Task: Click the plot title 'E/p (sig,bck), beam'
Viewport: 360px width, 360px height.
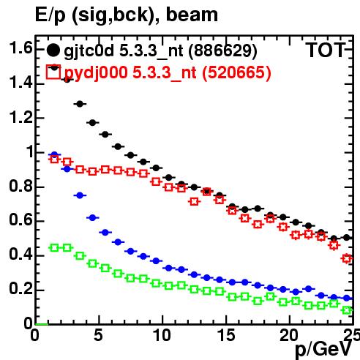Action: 127,15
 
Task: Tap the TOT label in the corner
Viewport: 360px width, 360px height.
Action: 326,50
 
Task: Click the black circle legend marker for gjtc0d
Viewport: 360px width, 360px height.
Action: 53,50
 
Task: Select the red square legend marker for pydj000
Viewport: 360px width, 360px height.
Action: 53,72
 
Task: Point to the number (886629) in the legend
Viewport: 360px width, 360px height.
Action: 223,51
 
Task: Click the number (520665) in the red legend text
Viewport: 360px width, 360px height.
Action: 236,72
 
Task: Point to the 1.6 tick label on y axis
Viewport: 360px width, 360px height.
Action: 20,48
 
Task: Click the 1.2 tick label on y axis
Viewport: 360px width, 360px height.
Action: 20,118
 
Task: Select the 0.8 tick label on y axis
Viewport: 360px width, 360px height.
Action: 20,187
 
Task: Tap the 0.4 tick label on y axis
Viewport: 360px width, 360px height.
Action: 20,255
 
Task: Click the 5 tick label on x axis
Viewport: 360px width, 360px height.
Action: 98,335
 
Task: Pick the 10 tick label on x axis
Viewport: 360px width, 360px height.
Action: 162,335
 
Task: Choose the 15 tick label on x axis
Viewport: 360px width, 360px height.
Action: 226,335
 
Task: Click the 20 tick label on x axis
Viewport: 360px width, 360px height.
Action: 289,335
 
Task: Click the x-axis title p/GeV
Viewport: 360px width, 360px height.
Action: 323,350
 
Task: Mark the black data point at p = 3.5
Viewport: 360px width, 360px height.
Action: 80,104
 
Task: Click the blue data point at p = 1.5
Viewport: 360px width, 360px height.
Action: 54,154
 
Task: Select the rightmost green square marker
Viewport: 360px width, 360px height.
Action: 347,310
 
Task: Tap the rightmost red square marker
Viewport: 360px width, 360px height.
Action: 347,258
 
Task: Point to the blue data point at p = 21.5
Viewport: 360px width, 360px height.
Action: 309,289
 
